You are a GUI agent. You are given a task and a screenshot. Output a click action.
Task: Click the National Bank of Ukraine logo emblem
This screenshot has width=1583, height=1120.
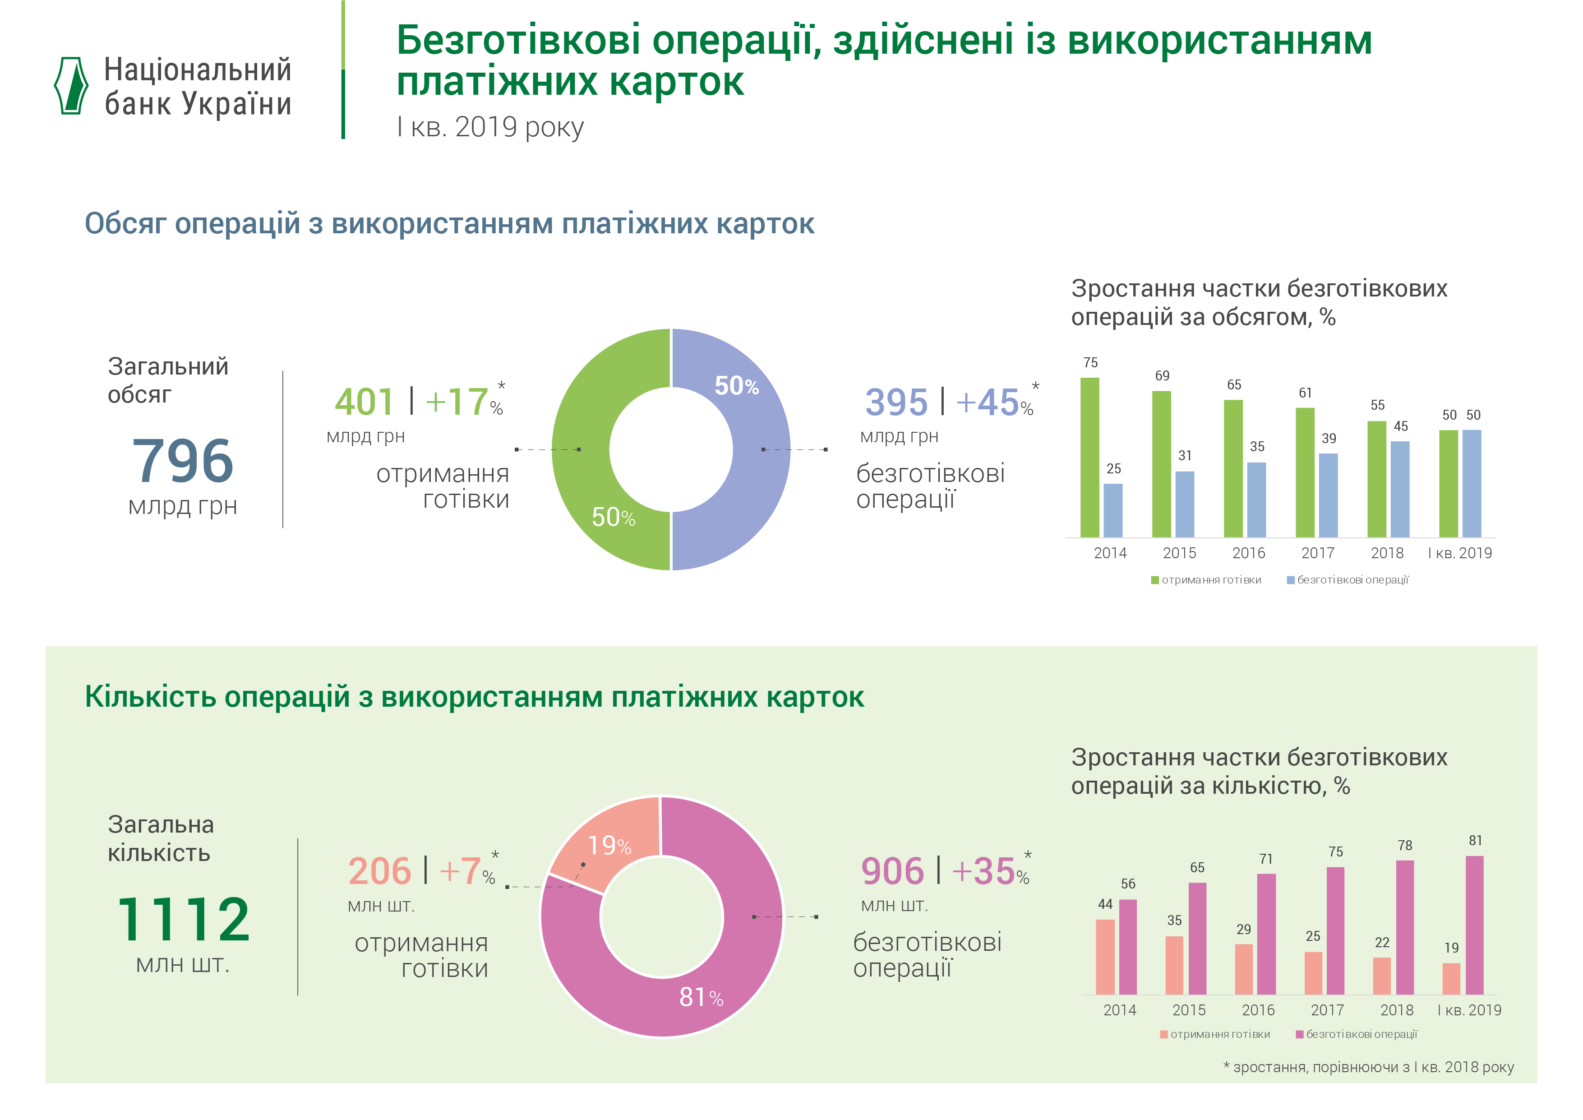click(71, 86)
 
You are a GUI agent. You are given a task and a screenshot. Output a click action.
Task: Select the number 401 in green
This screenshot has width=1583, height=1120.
click(364, 402)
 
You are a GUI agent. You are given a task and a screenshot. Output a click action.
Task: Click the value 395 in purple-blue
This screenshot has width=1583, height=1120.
click(896, 402)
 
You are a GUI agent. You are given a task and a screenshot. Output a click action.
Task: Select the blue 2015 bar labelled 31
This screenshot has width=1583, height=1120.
click(1185, 504)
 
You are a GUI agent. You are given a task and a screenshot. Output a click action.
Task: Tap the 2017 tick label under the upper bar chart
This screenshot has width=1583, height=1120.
click(1318, 553)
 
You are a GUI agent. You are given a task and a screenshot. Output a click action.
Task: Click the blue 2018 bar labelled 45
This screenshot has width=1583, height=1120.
click(1399, 490)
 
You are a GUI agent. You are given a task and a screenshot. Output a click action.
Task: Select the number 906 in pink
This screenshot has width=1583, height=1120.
click(892, 871)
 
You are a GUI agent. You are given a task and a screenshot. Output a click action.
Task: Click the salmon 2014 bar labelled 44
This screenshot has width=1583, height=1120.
click(1105, 957)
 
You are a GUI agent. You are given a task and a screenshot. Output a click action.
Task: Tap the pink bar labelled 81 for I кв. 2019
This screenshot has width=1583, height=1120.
click(1474, 925)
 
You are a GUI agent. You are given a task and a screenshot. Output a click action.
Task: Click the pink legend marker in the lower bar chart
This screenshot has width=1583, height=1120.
click(1300, 1034)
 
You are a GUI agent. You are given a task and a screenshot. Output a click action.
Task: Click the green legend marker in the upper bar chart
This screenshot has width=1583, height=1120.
click(1155, 580)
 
